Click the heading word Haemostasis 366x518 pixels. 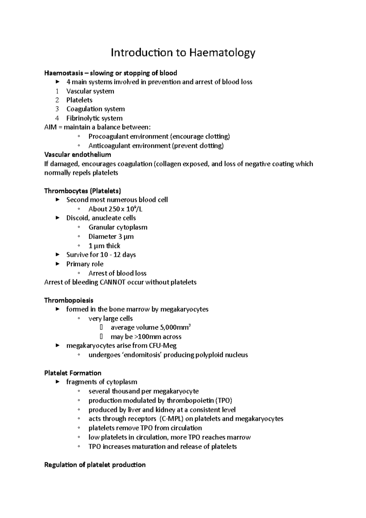pyautogui.click(x=63, y=73)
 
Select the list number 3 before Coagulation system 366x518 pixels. pyautogui.click(x=57, y=109)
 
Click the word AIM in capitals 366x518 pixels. pyautogui.click(x=50, y=127)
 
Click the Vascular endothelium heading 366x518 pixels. pyautogui.click(x=77, y=155)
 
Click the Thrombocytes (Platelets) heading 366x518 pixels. pyautogui.click(x=83, y=191)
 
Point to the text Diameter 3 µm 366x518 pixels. pyautogui.click(x=111, y=236)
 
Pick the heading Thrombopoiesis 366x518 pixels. pyautogui.click(x=69, y=300)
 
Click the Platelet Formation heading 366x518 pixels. pyautogui.click(x=73, y=373)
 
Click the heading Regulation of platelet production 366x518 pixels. pyautogui.click(x=95, y=465)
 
